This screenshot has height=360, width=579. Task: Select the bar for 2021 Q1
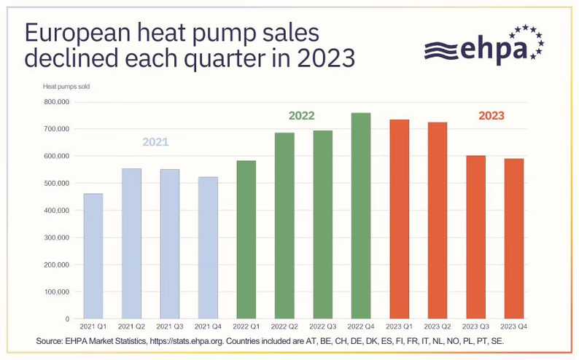point(93,256)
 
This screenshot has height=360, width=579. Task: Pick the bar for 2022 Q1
point(246,240)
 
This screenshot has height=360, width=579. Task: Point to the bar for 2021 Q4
point(208,248)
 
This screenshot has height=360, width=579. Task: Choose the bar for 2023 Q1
point(399,219)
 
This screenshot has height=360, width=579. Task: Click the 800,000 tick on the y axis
point(56,102)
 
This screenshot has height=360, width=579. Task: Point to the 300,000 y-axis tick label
point(56,238)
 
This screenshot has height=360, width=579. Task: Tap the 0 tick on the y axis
point(66,319)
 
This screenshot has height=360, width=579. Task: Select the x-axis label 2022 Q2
point(284,327)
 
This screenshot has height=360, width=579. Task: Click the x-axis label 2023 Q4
point(513,327)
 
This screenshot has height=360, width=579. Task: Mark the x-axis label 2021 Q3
point(170,327)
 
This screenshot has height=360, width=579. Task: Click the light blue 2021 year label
point(155,142)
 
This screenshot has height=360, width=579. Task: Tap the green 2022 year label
point(301,115)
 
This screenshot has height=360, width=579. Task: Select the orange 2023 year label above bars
point(491,115)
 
